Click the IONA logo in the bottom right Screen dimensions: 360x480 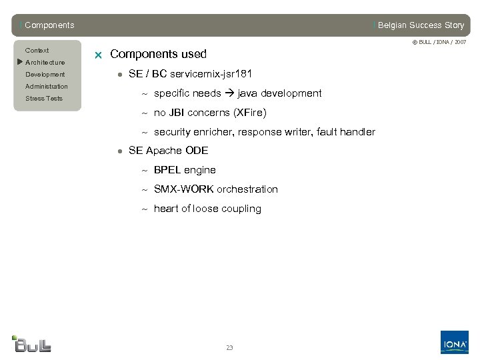[454, 343]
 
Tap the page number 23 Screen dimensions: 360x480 [229, 348]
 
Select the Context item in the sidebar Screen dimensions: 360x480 [37, 51]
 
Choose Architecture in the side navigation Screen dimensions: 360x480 [45, 63]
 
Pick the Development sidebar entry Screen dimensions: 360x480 [45, 75]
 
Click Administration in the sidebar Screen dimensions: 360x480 [47, 87]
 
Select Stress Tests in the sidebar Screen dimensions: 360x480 [44, 99]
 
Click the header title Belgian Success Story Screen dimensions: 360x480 [421, 25]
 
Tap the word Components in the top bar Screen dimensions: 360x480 [49, 25]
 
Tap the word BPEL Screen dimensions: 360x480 [167, 170]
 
